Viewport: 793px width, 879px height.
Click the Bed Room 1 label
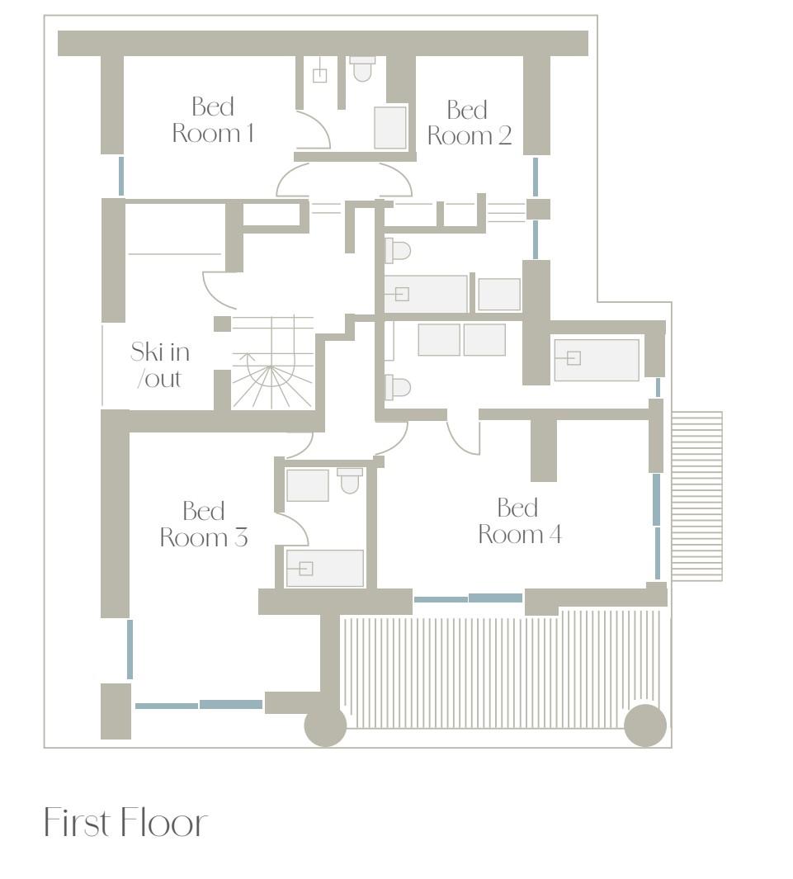(213, 120)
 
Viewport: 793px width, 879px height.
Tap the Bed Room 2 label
(469, 123)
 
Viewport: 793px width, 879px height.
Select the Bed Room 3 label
(204, 524)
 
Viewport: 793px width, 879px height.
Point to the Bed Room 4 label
(520, 522)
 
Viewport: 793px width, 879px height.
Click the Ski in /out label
(160, 365)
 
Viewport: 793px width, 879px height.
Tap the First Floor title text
(125, 822)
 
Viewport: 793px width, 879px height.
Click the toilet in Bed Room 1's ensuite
(362, 69)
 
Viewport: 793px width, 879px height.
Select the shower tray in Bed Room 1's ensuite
(390, 128)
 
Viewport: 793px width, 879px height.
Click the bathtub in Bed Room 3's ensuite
(325, 569)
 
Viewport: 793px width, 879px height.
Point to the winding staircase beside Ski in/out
(272, 362)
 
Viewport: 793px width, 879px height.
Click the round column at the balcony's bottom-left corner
(325, 725)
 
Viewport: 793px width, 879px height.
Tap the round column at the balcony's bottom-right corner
(645, 725)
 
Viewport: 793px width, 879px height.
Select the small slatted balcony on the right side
(697, 496)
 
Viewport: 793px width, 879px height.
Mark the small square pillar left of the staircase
(223, 324)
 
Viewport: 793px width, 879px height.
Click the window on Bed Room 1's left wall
(121, 176)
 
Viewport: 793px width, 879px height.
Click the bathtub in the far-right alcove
(597, 360)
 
